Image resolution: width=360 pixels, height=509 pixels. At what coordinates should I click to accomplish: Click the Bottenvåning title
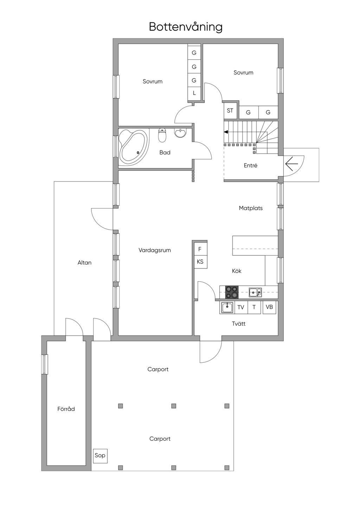point(186,27)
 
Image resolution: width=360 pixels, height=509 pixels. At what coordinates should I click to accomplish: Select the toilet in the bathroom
point(162,135)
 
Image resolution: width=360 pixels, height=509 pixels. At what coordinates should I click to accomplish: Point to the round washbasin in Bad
point(181,133)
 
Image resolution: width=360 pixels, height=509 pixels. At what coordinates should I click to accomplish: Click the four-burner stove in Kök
point(232,292)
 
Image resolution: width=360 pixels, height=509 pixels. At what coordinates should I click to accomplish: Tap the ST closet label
point(230,111)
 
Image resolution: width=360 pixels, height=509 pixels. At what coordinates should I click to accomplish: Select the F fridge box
point(200,249)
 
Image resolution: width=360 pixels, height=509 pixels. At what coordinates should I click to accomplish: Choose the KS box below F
point(200,262)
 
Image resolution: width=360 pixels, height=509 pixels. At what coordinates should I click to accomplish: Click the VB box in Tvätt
point(269,307)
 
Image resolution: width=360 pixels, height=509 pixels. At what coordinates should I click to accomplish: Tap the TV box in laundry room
point(241,307)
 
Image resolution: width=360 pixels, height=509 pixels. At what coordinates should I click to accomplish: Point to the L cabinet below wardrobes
point(194,93)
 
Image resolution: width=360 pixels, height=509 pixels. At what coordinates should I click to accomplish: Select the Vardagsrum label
point(155,250)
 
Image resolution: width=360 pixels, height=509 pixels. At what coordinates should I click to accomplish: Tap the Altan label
point(84,263)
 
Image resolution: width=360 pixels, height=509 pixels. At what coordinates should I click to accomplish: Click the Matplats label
point(251,208)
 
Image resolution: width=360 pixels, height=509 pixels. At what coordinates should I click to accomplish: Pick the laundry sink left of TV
point(226,308)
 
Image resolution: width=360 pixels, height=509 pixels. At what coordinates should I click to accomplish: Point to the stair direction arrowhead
point(226,132)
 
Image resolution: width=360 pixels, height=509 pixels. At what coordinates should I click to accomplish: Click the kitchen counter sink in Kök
point(255,292)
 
